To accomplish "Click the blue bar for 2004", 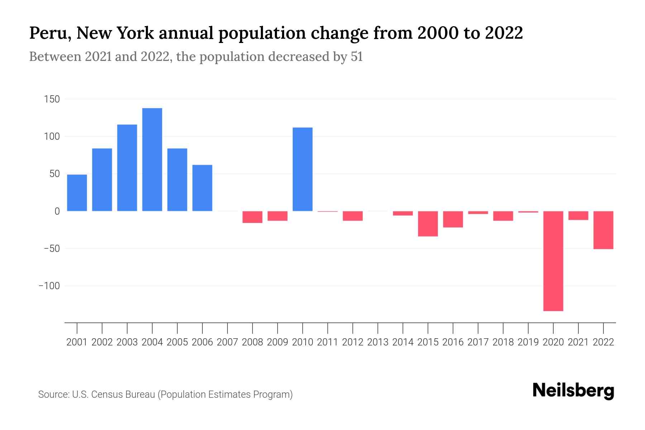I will tap(152, 159).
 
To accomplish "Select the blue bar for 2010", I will tap(302, 169).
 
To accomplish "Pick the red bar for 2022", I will tap(603, 230).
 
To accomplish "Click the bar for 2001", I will tap(77, 193).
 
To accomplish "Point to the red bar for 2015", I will tap(428, 224).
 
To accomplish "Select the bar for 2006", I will tap(202, 188).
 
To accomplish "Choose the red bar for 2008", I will tap(252, 217).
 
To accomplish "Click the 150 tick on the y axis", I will tap(52, 99).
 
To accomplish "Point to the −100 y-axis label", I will tap(49, 286).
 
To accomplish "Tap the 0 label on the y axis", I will tap(57, 211).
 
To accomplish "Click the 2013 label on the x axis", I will tap(378, 342).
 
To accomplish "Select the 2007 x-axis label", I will tap(227, 342).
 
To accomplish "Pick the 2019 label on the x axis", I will tap(528, 342).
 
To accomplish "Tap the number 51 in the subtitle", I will tap(357, 57).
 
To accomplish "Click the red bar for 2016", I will tap(453, 219).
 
